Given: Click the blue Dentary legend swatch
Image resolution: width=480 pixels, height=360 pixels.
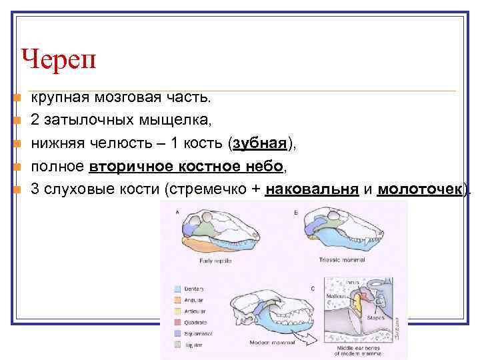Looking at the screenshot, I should (177, 288).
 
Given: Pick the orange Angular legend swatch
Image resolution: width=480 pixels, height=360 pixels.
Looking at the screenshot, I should (177, 299).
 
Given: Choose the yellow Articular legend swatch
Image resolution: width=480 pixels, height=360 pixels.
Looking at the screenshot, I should (177, 311).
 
